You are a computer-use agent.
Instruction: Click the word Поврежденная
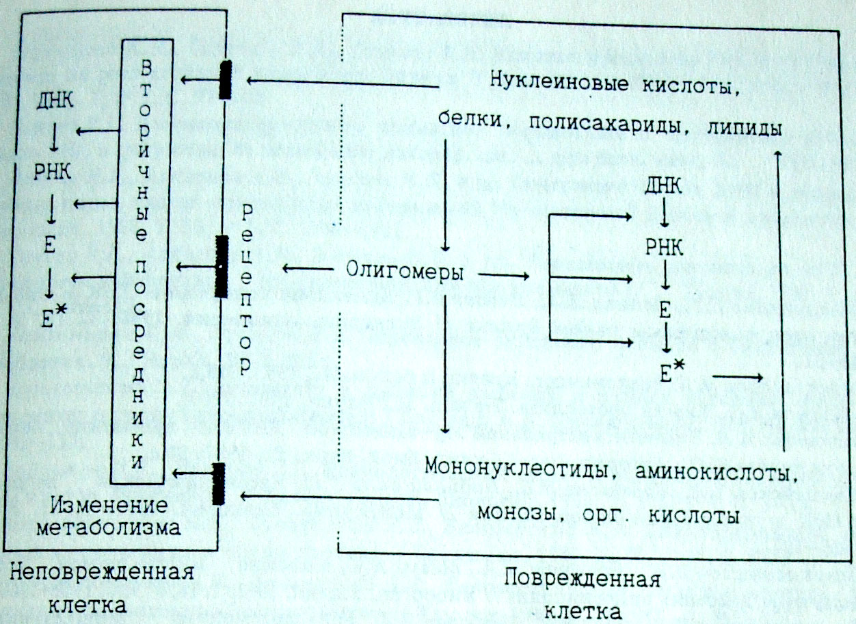coord(582,580)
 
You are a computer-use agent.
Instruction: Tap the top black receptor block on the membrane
coord(225,80)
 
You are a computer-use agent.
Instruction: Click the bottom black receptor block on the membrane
coord(219,483)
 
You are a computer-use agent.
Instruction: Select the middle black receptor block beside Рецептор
coord(222,266)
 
